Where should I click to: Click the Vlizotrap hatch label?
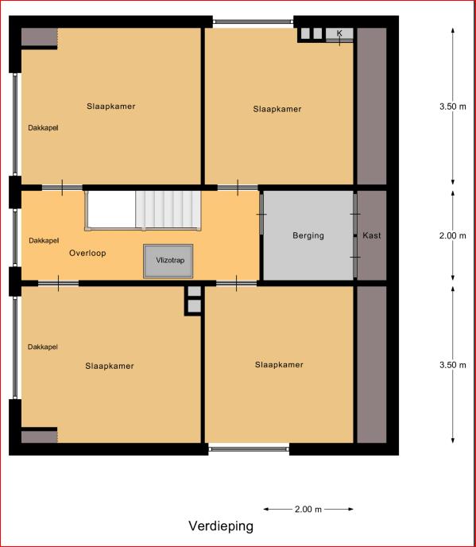pos(170,260)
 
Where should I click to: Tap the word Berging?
pos(308,235)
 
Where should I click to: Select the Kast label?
pos(372,235)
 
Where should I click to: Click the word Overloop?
pos(87,253)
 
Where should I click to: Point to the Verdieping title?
pos(221,526)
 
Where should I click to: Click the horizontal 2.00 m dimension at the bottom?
pos(308,510)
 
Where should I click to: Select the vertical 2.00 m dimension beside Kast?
pos(453,235)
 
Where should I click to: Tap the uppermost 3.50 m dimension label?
pos(453,107)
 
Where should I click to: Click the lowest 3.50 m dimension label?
pos(453,365)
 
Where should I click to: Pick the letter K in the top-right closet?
pos(339,33)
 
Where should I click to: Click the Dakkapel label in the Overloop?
pos(44,240)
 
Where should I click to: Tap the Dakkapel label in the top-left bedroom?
pos(43,128)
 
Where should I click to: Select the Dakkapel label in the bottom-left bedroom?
pos(43,347)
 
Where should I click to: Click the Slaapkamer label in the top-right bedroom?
pos(277,109)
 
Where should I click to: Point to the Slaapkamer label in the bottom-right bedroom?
pos(279,365)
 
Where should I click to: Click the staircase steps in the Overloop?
pos(168,210)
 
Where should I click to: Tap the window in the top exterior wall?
pos(253,21)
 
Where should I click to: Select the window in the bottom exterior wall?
pos(249,449)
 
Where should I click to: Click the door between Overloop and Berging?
pos(261,214)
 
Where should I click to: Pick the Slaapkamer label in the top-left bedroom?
pos(111,107)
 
